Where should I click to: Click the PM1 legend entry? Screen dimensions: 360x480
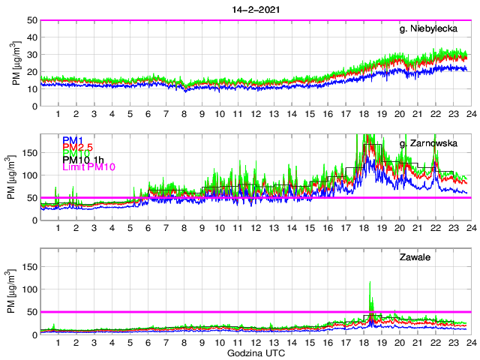72,140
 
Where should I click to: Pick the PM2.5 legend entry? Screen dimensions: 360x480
78,150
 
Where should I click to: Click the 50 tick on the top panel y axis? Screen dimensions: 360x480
32,20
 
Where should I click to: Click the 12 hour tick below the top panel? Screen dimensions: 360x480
256,113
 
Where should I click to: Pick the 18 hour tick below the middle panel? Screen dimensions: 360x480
363,228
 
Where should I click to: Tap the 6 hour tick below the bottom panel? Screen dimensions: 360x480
148,342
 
